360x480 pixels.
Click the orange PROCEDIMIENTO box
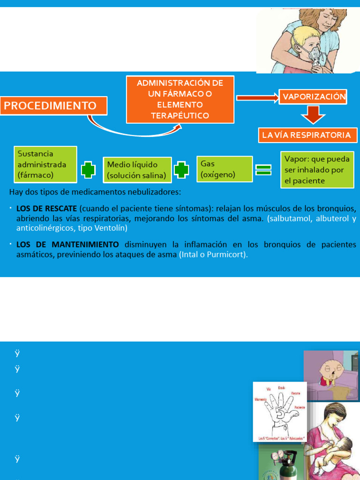click(54, 105)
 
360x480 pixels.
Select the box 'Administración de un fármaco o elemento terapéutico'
click(180, 99)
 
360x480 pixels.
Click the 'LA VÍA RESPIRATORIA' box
click(306, 135)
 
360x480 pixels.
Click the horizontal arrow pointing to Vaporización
click(257, 97)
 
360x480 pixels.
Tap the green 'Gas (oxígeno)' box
click(224, 169)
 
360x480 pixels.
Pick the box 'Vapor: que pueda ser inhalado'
click(317, 169)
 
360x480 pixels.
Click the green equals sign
click(264, 170)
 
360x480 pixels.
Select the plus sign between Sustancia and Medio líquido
click(88, 170)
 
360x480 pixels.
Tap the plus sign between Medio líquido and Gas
click(181, 170)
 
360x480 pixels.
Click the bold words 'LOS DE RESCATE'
click(46, 208)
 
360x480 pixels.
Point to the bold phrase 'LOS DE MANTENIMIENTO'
click(67, 245)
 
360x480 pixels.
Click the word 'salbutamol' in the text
click(289, 218)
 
